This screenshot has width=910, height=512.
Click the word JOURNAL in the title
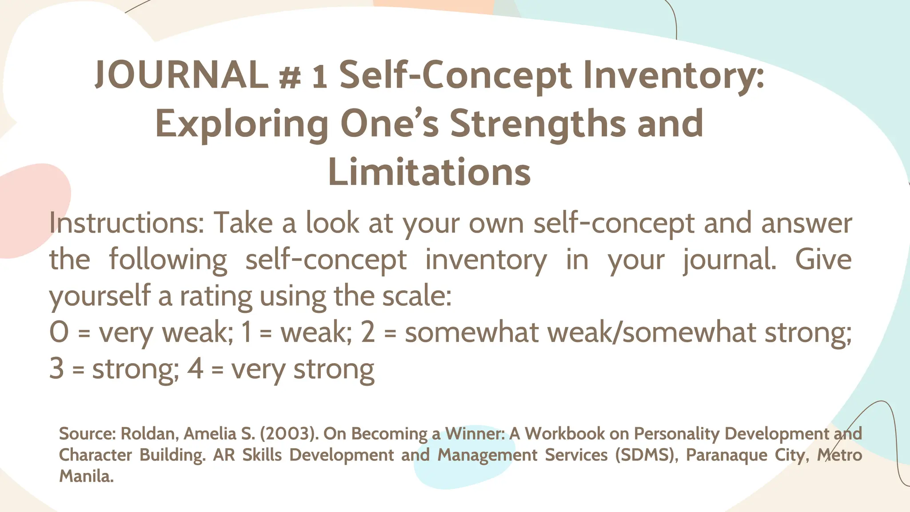point(181,75)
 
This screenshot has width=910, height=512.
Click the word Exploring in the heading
point(242,124)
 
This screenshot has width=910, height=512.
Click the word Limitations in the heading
point(429,172)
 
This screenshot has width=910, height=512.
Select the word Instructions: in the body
point(126,223)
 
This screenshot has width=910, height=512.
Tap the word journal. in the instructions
point(729,260)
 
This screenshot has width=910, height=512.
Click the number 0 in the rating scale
point(59,332)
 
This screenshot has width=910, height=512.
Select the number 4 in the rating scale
point(195,369)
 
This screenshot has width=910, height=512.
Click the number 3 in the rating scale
point(56,369)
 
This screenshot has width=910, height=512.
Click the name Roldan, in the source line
point(150,433)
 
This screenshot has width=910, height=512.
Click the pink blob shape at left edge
point(31,209)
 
